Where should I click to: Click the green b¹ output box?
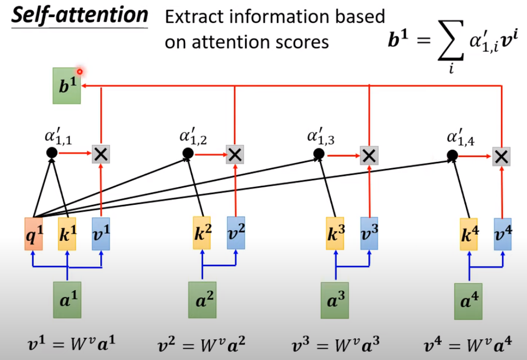pos(67,85)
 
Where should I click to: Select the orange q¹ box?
pos(34,234)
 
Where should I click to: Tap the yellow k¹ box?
pos(67,234)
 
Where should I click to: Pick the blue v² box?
pos(236,234)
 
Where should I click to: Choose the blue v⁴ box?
pos(502,234)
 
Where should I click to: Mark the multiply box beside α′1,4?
pos(501,156)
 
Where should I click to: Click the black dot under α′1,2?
pos(188,153)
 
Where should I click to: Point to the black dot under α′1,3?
pos(319,154)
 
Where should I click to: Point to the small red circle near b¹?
pos(80,72)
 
